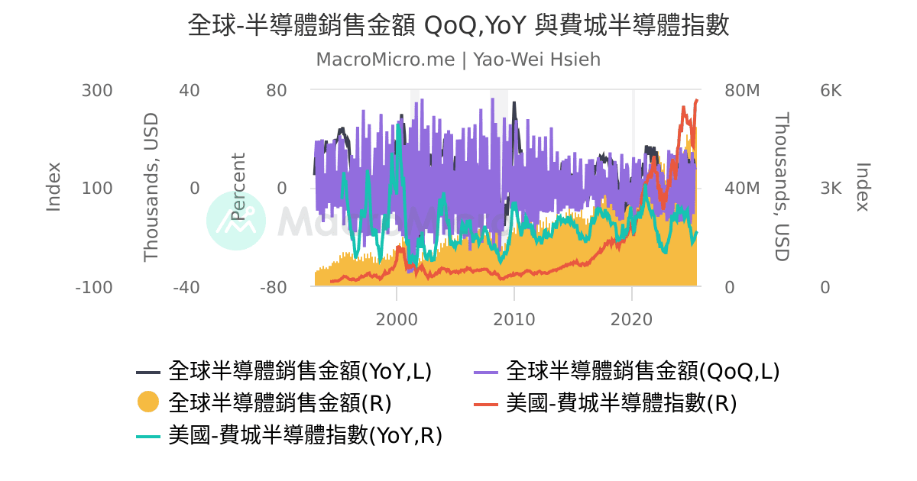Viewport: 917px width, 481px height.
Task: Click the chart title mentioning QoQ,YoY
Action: pyautogui.click(x=458, y=26)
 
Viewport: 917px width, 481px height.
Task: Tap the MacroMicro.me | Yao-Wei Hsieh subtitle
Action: pyautogui.click(x=458, y=60)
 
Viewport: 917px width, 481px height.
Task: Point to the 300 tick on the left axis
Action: pyautogui.click(x=97, y=91)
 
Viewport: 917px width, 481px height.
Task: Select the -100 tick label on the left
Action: pyautogui.click(x=94, y=288)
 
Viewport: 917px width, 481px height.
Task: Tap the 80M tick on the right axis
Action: pyautogui.click(x=741, y=91)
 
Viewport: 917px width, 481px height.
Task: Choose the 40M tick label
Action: pyautogui.click(x=741, y=189)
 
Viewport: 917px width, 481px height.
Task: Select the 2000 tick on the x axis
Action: pyautogui.click(x=397, y=318)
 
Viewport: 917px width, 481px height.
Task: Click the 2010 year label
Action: pyautogui.click(x=514, y=318)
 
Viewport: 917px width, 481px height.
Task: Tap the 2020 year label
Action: pyautogui.click(x=632, y=318)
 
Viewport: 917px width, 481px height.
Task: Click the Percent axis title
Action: pyautogui.click(x=239, y=187)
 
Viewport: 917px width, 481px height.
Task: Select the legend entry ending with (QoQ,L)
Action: pyautogui.click(x=642, y=372)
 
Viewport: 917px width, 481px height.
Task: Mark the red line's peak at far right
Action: pyautogui.click(x=696, y=100)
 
